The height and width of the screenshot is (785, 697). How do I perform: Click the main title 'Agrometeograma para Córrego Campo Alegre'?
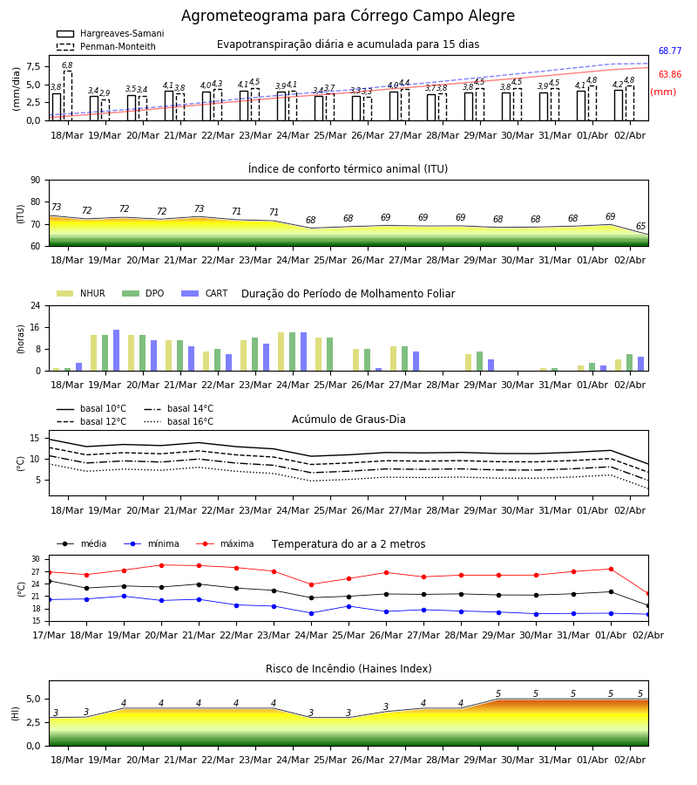tap(348, 16)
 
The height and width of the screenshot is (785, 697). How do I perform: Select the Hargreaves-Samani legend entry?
tap(111, 33)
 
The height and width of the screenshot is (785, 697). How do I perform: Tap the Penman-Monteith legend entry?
tap(106, 46)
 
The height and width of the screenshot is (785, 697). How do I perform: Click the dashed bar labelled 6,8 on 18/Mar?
tap(67, 96)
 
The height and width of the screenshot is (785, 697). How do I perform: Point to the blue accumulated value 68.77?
tap(670, 51)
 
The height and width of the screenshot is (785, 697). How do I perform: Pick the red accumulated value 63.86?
tap(670, 74)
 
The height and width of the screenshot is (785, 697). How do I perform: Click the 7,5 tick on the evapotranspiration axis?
tap(33, 66)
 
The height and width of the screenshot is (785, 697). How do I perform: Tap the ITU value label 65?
tap(640, 226)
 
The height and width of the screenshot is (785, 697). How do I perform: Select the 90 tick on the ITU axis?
tap(36, 181)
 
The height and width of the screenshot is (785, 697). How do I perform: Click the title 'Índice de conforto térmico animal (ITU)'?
tap(348, 168)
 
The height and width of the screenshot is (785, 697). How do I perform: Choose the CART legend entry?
tap(205, 293)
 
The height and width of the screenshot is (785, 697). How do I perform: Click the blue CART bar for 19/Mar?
tap(117, 351)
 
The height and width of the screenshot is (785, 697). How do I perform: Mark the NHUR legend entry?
tap(81, 293)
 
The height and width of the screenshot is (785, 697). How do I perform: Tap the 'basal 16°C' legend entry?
tap(179, 421)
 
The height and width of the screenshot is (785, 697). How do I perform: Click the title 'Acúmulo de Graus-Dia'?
tap(348, 419)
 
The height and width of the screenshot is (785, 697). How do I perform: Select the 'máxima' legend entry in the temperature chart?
tap(225, 543)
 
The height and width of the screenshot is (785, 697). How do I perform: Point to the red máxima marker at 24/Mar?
tap(312, 584)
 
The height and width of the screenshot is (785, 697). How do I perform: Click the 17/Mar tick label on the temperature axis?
tap(49, 635)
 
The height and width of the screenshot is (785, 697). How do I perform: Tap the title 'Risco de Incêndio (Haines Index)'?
tap(348, 668)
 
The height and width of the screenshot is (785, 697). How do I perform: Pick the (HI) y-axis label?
tap(15, 713)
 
